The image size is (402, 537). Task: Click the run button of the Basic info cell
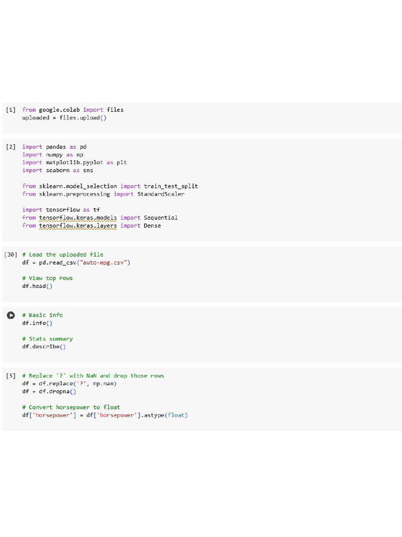[10, 315]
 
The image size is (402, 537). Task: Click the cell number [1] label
[10, 110]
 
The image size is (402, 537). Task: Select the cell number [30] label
[10, 255]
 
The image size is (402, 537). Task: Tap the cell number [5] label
[10, 376]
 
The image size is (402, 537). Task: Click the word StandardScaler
[161, 194]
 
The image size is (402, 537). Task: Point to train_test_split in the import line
[171, 186]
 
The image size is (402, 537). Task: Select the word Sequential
[161, 218]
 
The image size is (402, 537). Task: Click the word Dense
[152, 225]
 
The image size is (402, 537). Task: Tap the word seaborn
[58, 170]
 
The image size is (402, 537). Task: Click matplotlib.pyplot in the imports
[74, 163]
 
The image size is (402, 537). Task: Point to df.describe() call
[44, 347]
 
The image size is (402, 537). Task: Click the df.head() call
[37, 286]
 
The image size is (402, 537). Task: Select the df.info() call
[37, 323]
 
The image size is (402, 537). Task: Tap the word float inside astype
[176, 415]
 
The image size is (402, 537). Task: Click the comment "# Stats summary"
[48, 339]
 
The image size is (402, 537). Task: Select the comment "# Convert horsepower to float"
[71, 407]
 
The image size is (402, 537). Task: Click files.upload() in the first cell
[83, 118]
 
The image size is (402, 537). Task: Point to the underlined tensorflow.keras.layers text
[78, 226]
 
